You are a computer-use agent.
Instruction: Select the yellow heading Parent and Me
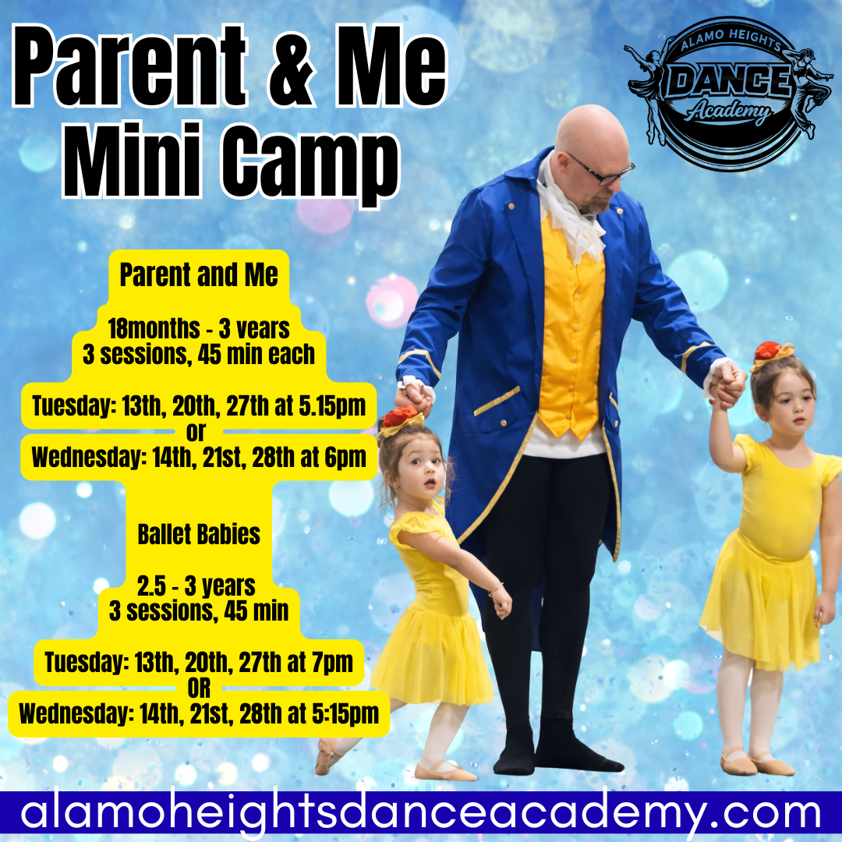[x=199, y=275]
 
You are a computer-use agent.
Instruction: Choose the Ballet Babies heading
[x=199, y=535]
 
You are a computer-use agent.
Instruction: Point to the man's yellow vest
[x=571, y=327]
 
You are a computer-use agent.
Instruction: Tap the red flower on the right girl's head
[x=770, y=351]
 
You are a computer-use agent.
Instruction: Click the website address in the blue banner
[x=421, y=813]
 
